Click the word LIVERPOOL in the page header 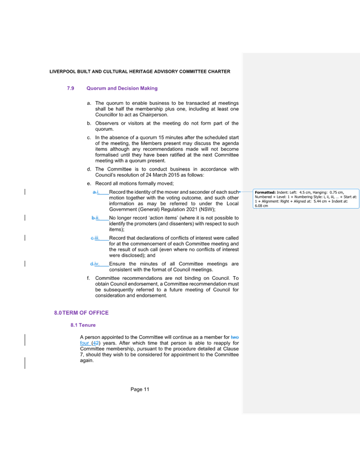tap(61, 72)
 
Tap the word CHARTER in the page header tap(220, 72)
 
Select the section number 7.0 tap(71, 88)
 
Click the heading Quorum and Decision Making tap(121, 88)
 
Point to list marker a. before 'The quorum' tap(88, 103)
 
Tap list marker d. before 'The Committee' tap(88, 169)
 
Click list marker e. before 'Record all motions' tap(88, 183)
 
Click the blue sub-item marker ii tap(95, 218)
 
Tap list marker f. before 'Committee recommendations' tap(88, 278)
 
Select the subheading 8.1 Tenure tap(83, 325)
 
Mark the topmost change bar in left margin tap(25, 192)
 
